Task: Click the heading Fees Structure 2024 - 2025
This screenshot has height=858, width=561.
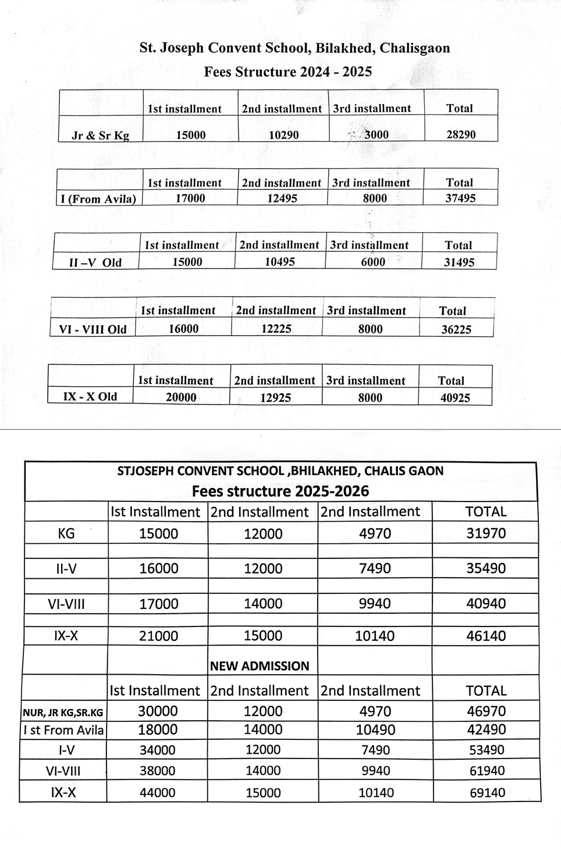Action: [287, 72]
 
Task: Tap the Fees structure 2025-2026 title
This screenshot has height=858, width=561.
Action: [280, 492]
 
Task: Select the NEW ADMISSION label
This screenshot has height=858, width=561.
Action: [260, 666]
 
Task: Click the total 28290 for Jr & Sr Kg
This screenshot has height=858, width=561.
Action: [461, 135]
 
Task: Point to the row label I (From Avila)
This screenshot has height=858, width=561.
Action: [98, 199]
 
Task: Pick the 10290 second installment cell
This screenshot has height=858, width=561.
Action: [283, 135]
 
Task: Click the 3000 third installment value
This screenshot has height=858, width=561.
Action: [376, 135]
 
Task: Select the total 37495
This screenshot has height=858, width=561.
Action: [460, 198]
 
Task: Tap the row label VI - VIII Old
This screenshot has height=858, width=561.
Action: [93, 329]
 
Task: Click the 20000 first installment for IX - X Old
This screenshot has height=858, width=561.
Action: [181, 397]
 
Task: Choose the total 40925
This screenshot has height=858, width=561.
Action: [455, 398]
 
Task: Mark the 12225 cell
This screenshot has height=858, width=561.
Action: [276, 329]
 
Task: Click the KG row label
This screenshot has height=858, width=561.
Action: [66, 533]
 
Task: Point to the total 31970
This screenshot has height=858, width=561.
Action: [486, 533]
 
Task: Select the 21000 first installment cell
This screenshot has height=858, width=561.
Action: [158, 636]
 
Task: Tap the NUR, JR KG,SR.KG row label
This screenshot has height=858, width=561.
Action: [63, 712]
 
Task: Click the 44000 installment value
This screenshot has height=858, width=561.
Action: [158, 793]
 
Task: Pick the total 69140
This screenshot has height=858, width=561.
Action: [487, 793]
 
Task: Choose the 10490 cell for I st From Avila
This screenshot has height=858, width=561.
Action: [375, 730]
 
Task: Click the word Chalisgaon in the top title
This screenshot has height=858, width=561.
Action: [415, 48]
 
